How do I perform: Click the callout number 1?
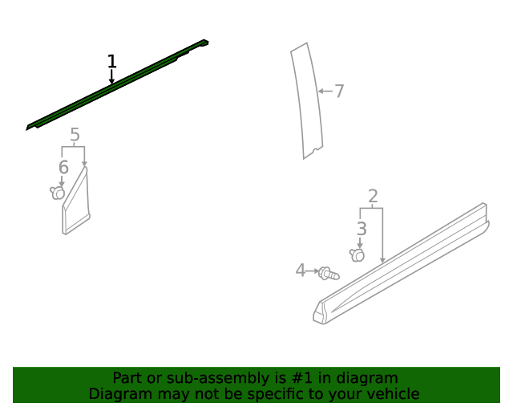pyautogui.click(x=112, y=61)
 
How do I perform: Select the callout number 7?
pyautogui.click(x=339, y=92)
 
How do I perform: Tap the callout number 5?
pyautogui.click(x=75, y=134)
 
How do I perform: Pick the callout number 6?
pyautogui.click(x=63, y=167)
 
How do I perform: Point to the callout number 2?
pyautogui.click(x=373, y=197)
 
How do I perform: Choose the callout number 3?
pyautogui.click(x=362, y=229)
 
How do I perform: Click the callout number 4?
pyautogui.click(x=300, y=271)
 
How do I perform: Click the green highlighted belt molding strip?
pyautogui.click(x=117, y=84)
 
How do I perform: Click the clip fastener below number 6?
pyautogui.click(x=57, y=193)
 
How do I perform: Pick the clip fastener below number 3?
pyautogui.click(x=357, y=255)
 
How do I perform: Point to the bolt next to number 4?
pyautogui.click(x=329, y=274)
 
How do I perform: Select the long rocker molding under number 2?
pyautogui.click(x=402, y=264)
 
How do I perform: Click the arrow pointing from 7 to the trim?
pyautogui.click(x=325, y=92)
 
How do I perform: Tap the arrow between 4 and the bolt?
pyautogui.click(x=312, y=271)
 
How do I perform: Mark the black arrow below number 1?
pyautogui.click(x=111, y=77)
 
